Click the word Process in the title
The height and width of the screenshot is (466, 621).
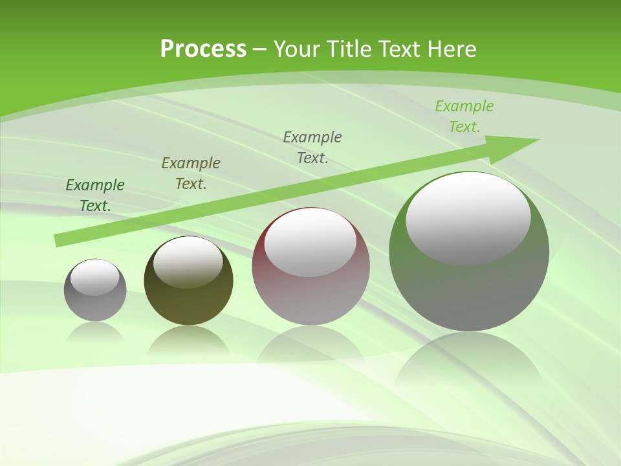coord(203,49)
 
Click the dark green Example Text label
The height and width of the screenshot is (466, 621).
coord(95,195)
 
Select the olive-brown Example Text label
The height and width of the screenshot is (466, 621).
coord(191,173)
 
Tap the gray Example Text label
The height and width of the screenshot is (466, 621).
coord(312,148)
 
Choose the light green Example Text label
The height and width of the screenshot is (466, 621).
coord(464,116)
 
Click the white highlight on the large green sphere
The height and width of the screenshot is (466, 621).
coord(468,217)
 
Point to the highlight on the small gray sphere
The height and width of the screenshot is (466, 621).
coord(95,277)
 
